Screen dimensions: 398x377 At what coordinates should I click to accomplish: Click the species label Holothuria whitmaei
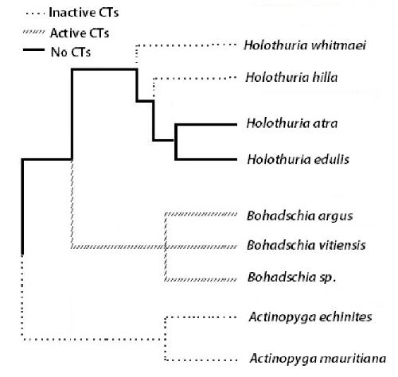pos(305,45)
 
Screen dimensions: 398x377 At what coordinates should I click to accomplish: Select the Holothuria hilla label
pos(291,77)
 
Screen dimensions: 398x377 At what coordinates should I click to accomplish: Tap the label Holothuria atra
pos(292,123)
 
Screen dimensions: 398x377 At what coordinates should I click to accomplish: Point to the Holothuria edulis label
pos(298,159)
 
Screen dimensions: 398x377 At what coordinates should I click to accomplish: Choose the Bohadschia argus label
pos(300,216)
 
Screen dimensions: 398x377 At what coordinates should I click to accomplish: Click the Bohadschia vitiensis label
pos(306,245)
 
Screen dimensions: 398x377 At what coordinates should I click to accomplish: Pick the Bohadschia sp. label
pos(292,278)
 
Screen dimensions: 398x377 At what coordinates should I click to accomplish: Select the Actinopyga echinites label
pos(310,317)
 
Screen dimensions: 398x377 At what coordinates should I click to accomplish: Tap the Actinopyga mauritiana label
pos(318,359)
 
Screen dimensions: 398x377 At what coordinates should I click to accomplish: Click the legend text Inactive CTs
pos(84,13)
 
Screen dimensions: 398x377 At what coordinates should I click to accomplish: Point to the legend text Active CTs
pos(80,33)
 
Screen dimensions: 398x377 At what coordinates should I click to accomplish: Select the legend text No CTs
pos(71,52)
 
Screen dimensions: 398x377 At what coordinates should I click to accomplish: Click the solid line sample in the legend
pos(33,49)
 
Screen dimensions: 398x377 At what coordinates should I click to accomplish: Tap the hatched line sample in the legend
pos(33,32)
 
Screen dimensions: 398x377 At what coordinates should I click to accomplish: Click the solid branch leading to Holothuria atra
pos(206,124)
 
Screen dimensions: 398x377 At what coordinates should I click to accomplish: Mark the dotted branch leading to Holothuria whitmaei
pos(186,45)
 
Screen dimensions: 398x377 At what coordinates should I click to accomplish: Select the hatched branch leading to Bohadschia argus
pos(201,214)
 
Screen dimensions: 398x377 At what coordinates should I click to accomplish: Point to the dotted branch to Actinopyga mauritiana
pos(201,360)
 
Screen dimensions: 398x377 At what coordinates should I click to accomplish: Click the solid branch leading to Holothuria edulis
pos(206,159)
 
